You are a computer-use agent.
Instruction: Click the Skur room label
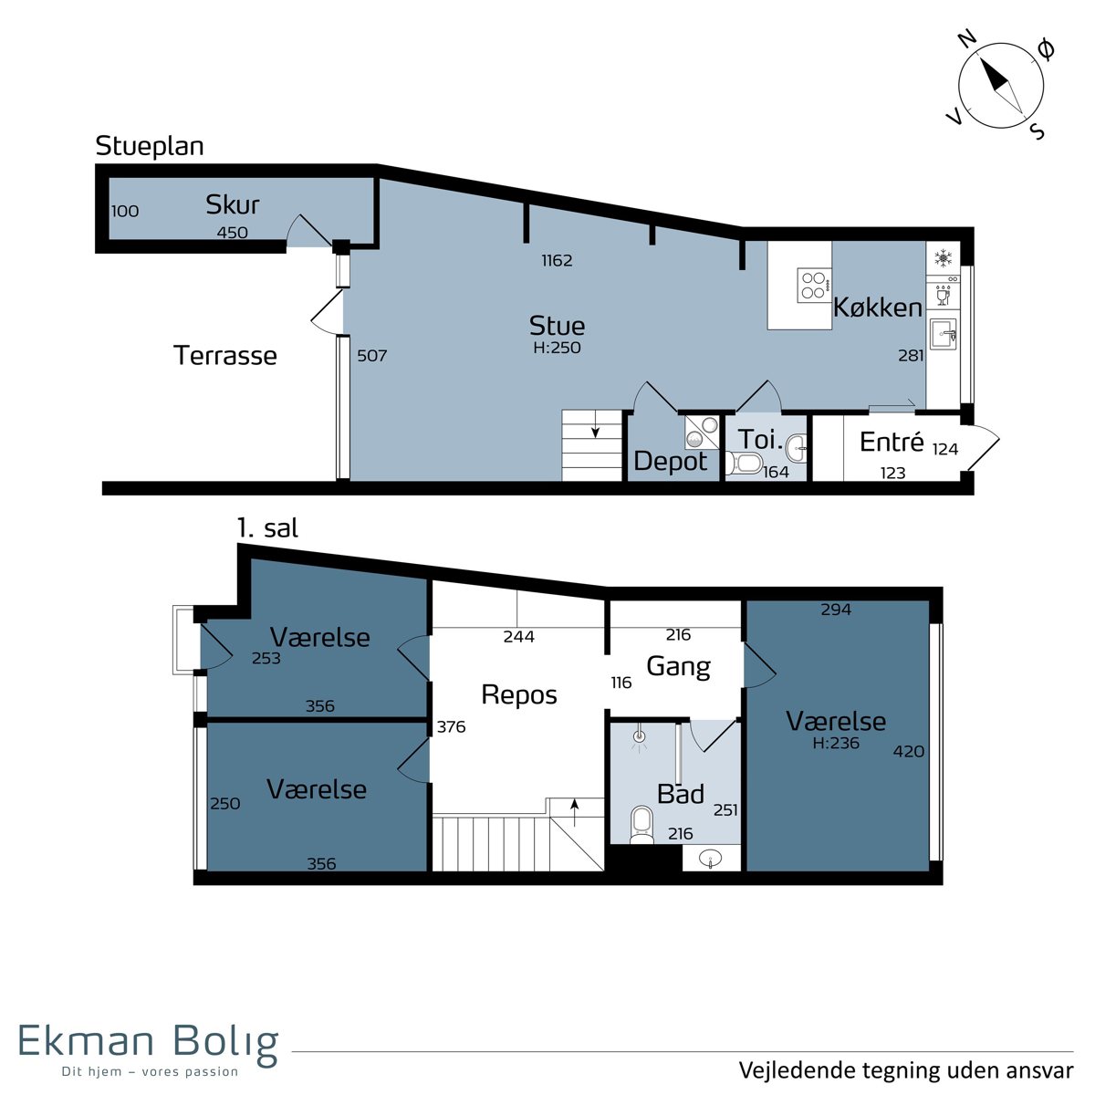pos(233,204)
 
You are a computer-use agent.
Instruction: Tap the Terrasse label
pos(225,356)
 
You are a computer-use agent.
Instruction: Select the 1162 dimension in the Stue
pos(557,261)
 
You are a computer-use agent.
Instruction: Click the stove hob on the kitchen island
pos(814,286)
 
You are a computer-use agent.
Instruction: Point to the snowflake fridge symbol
pos(944,258)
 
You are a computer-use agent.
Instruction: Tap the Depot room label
pos(671,462)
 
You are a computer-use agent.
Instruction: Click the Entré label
pos(892,442)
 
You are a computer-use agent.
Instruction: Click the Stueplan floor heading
pos(150,147)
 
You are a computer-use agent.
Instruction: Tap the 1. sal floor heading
pos(267,528)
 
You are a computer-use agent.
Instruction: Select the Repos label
pos(519,695)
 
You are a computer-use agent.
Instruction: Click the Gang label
pos(679,666)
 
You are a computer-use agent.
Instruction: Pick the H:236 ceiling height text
pos(836,743)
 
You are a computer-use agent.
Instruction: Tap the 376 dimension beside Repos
pos(451,726)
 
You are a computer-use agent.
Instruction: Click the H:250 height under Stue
pos(557,348)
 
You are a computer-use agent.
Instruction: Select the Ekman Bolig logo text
pos(149,1039)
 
